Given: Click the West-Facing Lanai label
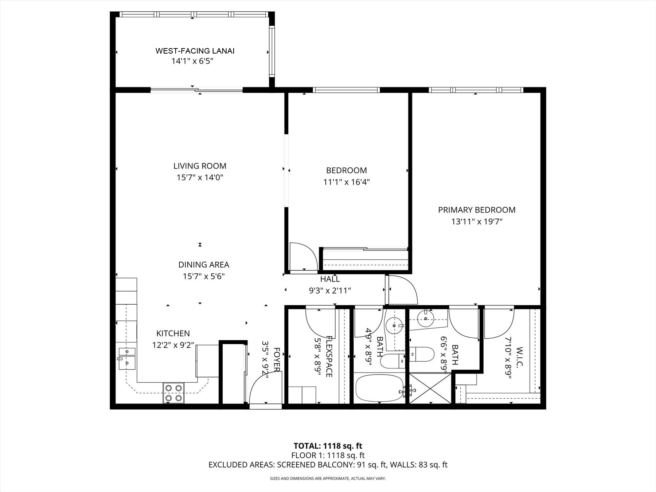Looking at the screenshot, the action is (x=195, y=51).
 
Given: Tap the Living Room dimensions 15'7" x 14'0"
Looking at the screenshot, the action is (x=200, y=177).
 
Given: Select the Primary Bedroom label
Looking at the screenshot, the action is (x=477, y=210).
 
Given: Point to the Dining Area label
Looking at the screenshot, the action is (x=204, y=265).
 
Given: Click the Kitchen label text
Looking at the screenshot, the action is (x=173, y=333).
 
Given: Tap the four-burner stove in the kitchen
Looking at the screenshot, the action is (x=173, y=393).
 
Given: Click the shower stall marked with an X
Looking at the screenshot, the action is (x=430, y=388).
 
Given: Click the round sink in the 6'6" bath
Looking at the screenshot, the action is (x=425, y=319).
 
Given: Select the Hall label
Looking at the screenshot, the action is (x=330, y=279).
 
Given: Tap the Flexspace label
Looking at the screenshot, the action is (x=329, y=356).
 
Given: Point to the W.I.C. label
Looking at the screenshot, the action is (x=519, y=357).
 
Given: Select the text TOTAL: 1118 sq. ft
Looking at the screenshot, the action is (x=328, y=446).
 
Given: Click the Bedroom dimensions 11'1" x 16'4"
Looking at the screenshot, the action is (x=347, y=182).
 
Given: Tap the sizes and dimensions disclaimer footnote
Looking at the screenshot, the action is (x=328, y=479).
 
